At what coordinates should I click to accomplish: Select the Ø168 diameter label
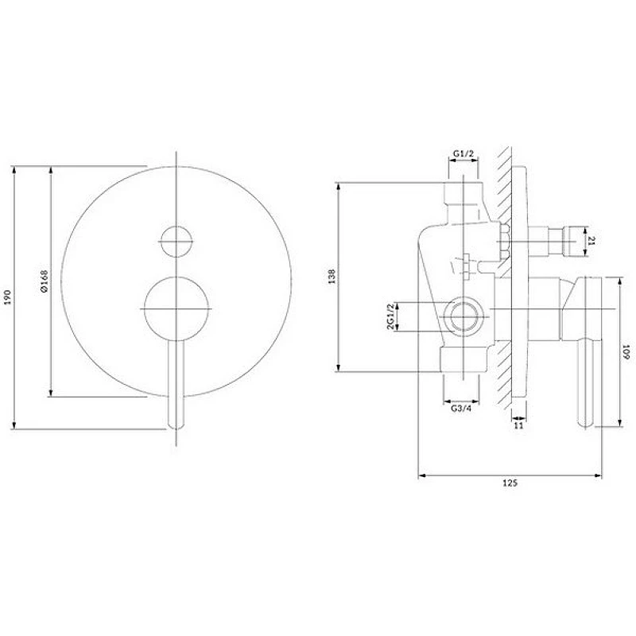[45, 281]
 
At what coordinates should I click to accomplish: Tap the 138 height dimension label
[332, 276]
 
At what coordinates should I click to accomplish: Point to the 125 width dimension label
[510, 483]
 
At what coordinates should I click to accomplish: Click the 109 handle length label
[626, 351]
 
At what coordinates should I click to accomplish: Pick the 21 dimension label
[591, 241]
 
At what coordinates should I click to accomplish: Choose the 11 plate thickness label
[518, 425]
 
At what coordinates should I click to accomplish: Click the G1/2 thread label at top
[463, 153]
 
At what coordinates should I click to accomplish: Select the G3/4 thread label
[461, 409]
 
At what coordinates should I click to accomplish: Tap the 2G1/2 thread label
[390, 316]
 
